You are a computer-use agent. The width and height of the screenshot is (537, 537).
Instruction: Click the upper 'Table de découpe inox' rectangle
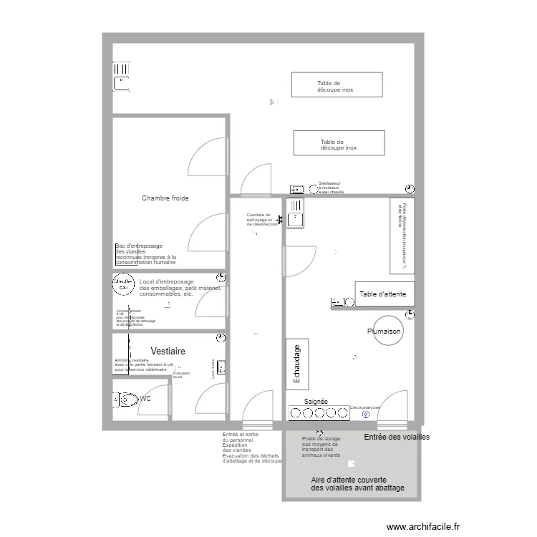(336, 84)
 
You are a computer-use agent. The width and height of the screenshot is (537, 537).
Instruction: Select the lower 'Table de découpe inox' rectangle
(339, 142)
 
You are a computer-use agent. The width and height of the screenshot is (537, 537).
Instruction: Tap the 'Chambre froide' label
(165, 198)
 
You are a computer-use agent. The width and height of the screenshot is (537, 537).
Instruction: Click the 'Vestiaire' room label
(168, 352)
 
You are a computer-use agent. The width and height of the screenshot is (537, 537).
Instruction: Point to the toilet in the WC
(127, 399)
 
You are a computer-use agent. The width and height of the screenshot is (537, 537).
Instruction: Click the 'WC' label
(145, 399)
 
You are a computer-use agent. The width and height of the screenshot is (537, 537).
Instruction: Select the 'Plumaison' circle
(384, 332)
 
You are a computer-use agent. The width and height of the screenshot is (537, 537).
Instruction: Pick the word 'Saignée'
(316, 402)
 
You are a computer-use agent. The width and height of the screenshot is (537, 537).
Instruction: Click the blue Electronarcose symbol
(366, 414)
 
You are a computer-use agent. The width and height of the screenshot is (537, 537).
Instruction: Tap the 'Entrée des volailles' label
(397, 437)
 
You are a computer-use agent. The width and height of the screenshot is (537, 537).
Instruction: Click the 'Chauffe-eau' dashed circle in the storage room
(123, 286)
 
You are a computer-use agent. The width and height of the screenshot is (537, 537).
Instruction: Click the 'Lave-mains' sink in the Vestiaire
(222, 367)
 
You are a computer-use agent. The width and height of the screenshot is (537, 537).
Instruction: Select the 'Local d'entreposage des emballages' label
(180, 288)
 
